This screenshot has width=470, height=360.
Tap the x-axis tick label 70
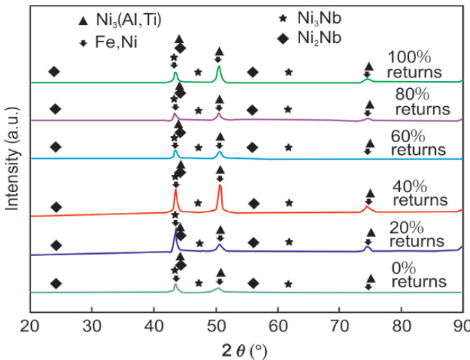[339, 326]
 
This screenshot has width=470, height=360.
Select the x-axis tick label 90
[461, 326]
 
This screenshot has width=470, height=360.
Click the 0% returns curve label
[418, 275]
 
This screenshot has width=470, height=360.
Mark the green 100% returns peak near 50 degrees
[219, 67]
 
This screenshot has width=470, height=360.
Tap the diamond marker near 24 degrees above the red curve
[57, 207]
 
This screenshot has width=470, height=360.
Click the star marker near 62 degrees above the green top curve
[288, 71]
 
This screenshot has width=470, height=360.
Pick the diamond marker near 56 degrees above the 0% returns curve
[253, 283]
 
